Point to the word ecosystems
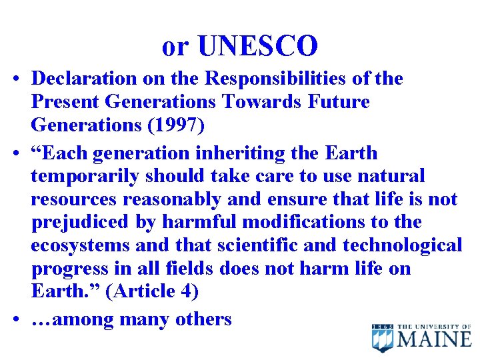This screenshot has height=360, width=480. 81,245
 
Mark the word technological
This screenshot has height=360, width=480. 402,245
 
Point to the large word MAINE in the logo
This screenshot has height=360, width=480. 435,339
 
